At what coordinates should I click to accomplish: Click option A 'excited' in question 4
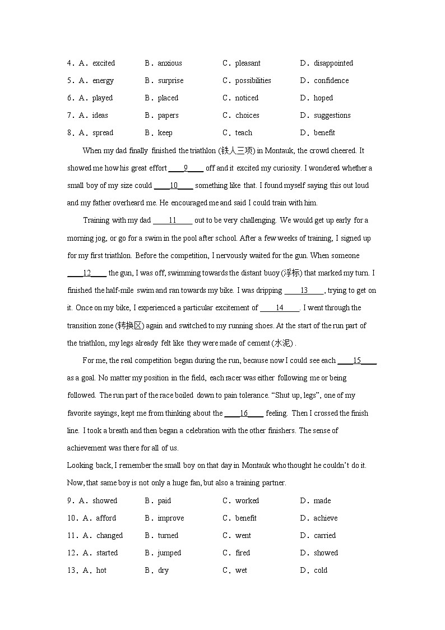click(x=104, y=63)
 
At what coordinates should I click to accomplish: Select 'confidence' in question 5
click(x=331, y=81)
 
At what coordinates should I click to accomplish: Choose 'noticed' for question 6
click(x=247, y=98)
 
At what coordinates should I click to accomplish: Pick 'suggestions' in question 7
click(x=332, y=116)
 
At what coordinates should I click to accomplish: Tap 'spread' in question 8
click(x=103, y=133)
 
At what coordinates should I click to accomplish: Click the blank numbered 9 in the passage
click(x=186, y=168)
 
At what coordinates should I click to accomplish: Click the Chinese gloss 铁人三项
click(x=238, y=151)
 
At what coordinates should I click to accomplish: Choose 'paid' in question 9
click(x=164, y=501)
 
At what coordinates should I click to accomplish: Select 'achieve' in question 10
click(x=325, y=518)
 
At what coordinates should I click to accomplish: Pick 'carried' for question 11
click(x=325, y=536)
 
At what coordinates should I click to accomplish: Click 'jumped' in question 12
click(x=169, y=553)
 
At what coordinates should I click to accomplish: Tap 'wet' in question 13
click(x=241, y=571)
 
